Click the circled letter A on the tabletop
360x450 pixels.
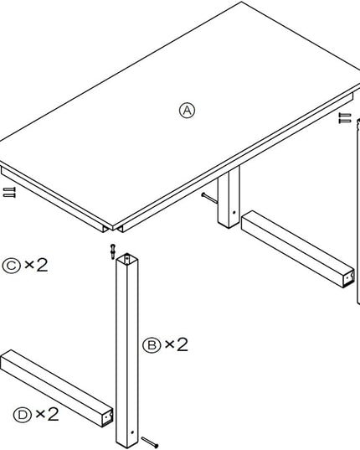187,111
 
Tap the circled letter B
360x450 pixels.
152,345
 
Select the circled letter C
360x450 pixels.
11,266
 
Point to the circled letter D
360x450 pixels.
22,415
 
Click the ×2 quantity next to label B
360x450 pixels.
177,344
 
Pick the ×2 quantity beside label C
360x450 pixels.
36,265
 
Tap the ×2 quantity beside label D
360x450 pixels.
47,414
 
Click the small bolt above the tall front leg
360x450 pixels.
113,251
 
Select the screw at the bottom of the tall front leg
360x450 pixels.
150,442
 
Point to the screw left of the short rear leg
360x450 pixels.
209,198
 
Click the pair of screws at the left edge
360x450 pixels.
9,192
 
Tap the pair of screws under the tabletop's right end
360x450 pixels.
345,118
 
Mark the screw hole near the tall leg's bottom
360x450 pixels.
132,432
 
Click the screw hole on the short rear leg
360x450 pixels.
234,213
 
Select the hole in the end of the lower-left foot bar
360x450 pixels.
107,416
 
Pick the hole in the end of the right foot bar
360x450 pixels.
348,277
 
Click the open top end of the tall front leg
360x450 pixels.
126,258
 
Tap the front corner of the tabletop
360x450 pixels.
113,230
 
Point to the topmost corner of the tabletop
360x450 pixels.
242,2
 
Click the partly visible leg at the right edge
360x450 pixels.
358,211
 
